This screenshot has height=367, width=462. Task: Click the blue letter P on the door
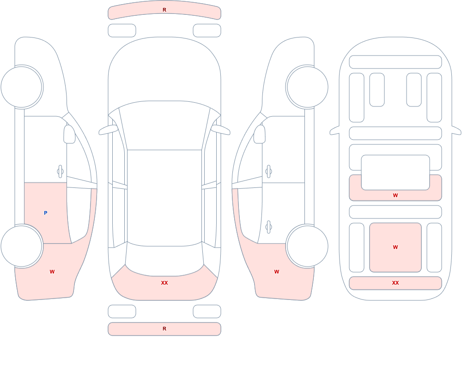(x=45, y=213)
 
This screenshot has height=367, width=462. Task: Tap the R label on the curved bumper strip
(x=164, y=10)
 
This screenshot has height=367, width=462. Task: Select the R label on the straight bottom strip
(x=164, y=329)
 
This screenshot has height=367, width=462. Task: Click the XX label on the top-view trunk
(x=164, y=283)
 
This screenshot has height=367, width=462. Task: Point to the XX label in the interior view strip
(x=395, y=283)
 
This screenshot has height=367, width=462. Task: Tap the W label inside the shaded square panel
(x=395, y=247)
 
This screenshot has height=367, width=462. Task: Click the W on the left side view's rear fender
(x=52, y=272)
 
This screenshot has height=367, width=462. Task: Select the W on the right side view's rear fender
(x=277, y=272)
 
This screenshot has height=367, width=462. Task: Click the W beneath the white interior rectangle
(x=395, y=195)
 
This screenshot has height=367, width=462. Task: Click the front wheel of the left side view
(x=22, y=87)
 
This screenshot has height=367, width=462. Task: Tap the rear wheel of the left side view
(x=22, y=246)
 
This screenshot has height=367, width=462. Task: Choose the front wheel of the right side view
(x=307, y=87)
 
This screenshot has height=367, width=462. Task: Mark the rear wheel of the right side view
(x=307, y=246)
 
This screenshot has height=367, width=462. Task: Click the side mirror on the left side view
(x=69, y=134)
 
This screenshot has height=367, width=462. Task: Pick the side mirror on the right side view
(x=260, y=134)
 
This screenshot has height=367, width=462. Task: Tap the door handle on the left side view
(x=61, y=172)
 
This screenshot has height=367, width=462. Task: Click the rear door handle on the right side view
(x=268, y=227)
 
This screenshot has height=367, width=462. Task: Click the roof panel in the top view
(x=164, y=197)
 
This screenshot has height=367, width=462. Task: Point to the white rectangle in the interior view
(x=395, y=173)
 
